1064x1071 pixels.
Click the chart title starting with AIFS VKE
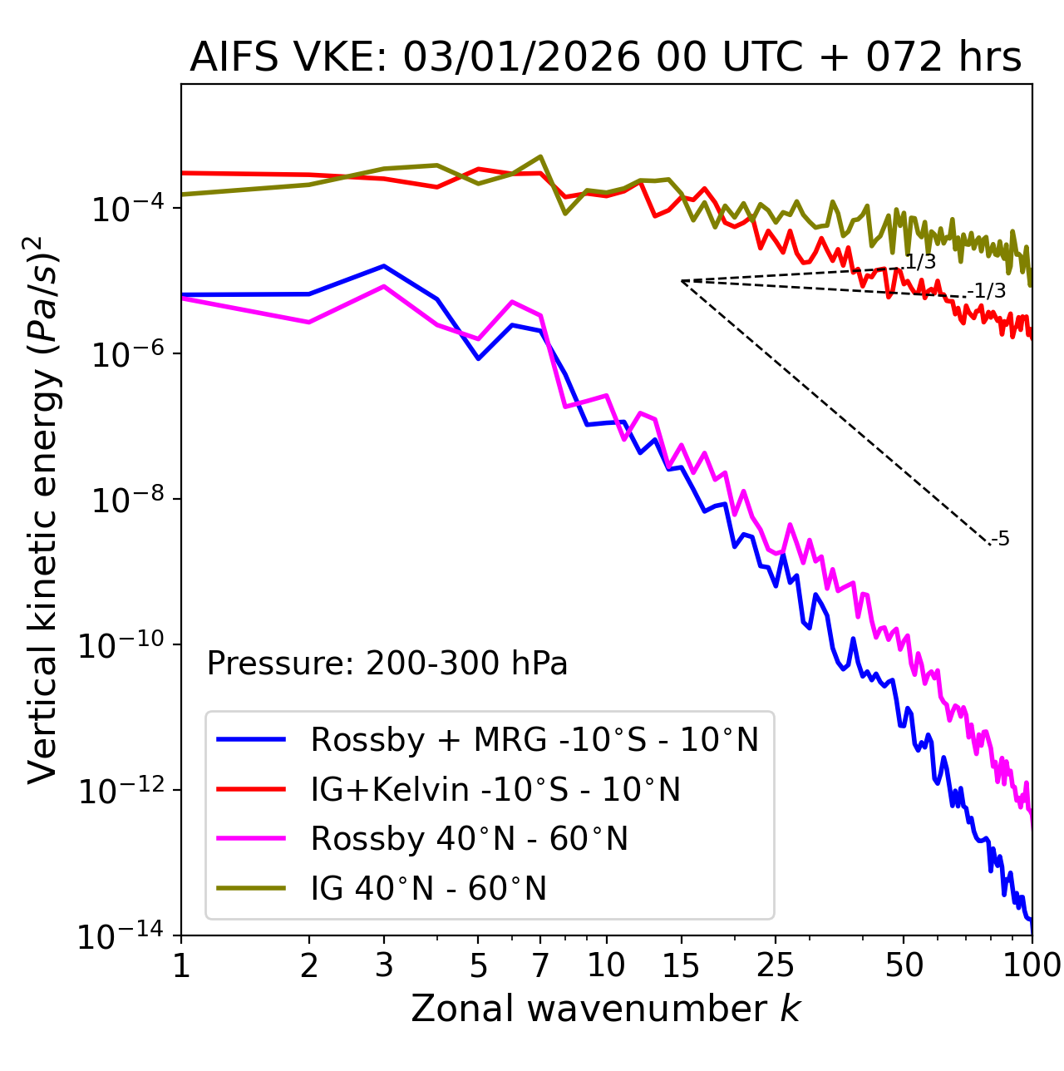point(605,58)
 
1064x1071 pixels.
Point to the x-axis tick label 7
point(540,965)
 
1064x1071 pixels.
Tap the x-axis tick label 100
point(1032,965)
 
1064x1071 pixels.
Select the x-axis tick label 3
point(384,965)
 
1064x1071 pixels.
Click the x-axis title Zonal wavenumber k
point(605,1009)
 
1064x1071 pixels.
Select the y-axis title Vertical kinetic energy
point(43,510)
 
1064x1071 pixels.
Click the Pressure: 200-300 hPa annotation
point(387,664)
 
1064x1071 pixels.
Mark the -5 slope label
point(1001,540)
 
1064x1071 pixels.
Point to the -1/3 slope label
point(988,291)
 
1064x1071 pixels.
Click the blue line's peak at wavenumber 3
point(384,266)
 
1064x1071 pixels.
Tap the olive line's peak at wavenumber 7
point(540,156)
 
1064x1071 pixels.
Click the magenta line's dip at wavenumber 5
point(478,339)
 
